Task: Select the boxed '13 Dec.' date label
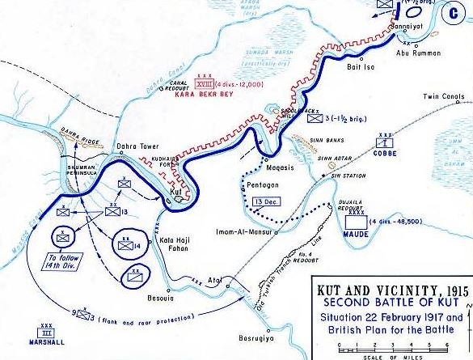point(263,201)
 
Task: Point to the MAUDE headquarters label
point(355,234)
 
